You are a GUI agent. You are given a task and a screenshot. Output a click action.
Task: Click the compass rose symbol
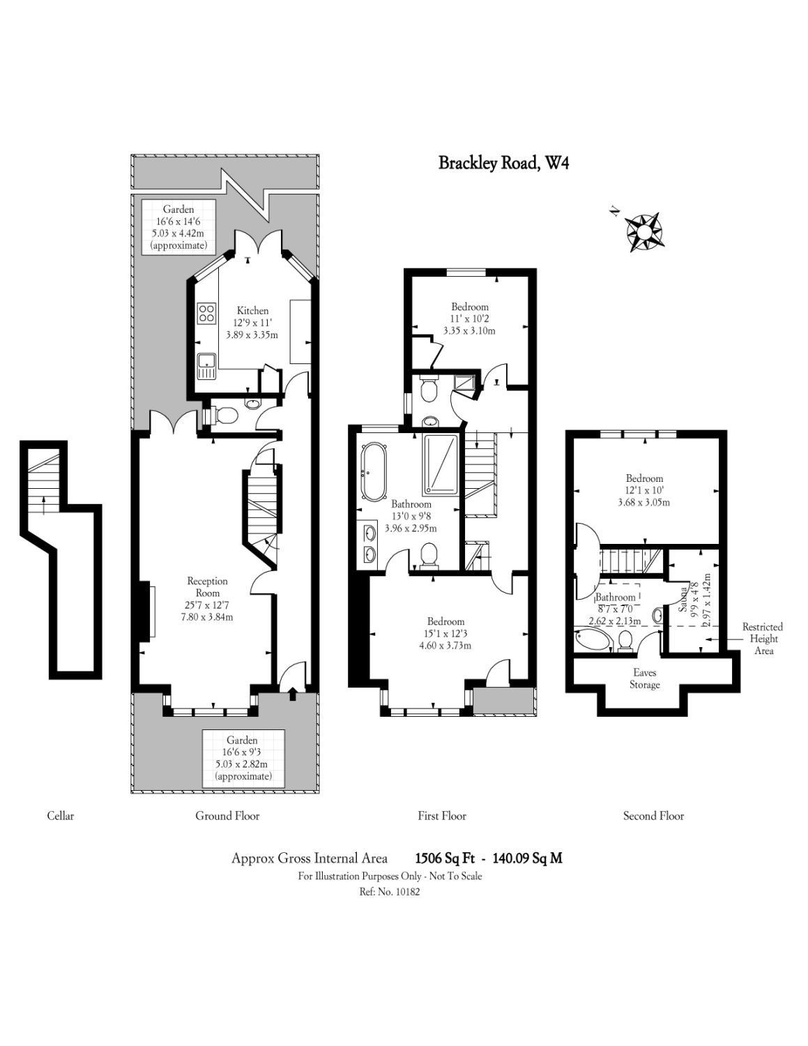pos(645,230)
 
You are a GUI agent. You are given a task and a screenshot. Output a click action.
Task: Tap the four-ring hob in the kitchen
pos(206,312)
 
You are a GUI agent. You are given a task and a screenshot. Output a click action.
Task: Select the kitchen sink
pos(206,364)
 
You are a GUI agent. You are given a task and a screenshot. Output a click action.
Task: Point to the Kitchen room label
pos(252,311)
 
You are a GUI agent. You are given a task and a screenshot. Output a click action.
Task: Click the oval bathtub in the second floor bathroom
pos(592,640)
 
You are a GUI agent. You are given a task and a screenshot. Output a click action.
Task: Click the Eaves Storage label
pos(644,679)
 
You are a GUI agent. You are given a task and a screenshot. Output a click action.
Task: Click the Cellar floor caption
pos(60,816)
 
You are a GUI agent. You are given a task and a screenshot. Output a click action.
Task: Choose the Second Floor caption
pos(653,816)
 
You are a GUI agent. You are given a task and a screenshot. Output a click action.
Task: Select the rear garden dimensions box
pos(179,227)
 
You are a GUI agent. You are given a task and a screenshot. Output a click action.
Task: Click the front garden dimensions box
pos(243,758)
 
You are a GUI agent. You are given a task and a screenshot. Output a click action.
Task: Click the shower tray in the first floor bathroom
pos(441,464)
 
